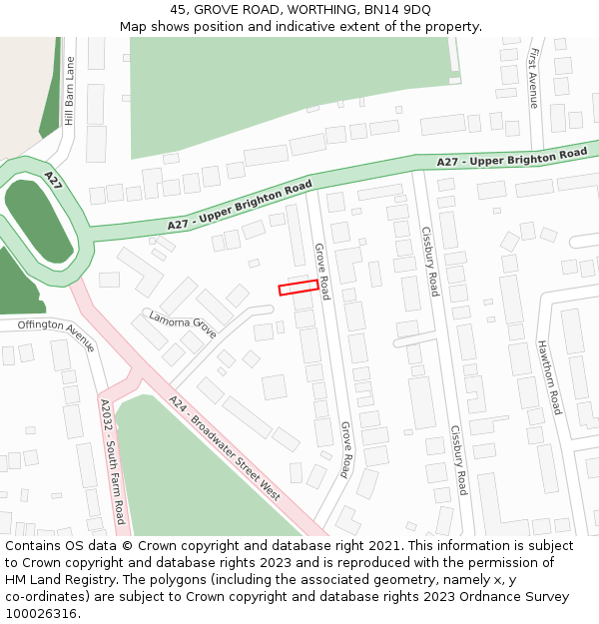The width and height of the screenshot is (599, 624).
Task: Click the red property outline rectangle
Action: click(299, 288)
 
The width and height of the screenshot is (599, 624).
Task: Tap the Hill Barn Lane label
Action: click(69, 91)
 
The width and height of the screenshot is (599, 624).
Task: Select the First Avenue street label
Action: click(534, 78)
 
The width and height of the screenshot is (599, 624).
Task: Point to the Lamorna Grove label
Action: click(183, 323)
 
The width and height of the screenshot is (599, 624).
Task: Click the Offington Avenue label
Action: click(56, 334)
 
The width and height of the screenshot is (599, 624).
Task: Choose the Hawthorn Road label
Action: click(550, 377)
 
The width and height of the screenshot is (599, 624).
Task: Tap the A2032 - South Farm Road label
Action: click(111, 461)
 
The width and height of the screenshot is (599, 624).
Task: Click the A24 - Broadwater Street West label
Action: click(225, 448)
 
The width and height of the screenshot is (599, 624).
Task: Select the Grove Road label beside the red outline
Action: click(321, 271)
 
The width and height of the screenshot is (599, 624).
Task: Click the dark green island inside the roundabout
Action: click(39, 222)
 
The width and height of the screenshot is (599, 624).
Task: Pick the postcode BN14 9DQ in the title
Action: click(398, 9)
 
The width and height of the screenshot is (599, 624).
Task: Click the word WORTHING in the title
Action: click(298, 9)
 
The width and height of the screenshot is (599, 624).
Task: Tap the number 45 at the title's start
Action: click(179, 9)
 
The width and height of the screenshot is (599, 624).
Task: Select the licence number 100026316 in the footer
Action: click(40, 614)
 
